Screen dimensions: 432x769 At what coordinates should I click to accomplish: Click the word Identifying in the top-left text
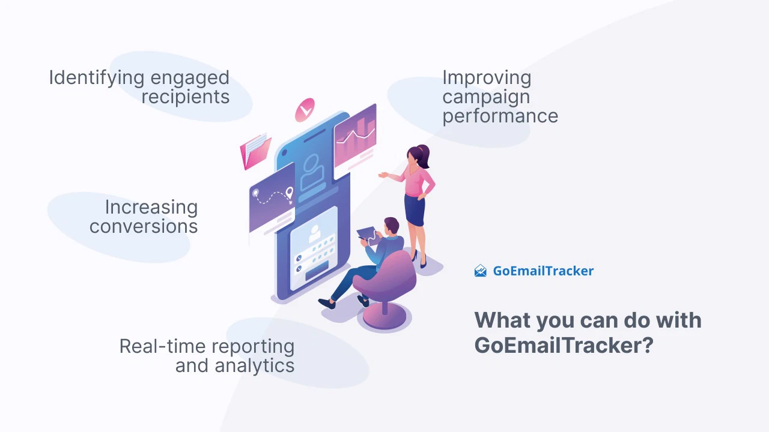[96, 78]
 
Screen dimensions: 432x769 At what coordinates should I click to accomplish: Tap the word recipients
[186, 97]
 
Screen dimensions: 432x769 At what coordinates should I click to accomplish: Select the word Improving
[487, 78]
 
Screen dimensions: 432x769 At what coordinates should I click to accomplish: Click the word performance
[500, 116]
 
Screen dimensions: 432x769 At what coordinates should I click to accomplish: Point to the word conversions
[143, 227]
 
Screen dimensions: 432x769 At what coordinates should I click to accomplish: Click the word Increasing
[151, 208]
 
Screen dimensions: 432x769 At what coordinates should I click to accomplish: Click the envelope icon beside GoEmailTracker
[481, 271]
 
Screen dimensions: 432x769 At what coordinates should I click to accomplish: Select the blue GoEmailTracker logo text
[543, 271]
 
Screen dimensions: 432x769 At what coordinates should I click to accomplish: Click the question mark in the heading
[646, 346]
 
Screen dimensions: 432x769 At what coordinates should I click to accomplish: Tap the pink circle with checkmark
[305, 110]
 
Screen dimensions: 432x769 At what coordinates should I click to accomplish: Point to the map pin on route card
[289, 193]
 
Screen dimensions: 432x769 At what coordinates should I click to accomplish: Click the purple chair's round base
[384, 319]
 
